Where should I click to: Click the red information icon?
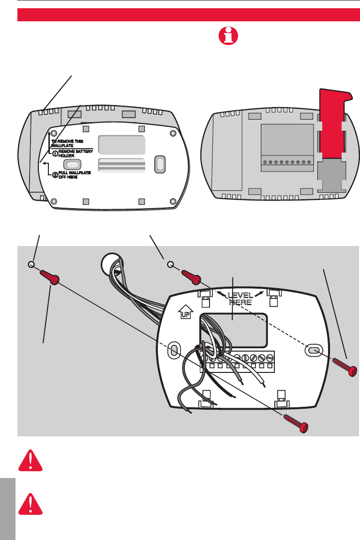click(x=224, y=37)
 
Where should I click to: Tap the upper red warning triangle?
click(x=30, y=460)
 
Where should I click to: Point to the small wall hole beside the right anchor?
click(x=170, y=265)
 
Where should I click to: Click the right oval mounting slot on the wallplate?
click(x=313, y=350)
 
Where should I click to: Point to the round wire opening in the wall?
click(x=109, y=264)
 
